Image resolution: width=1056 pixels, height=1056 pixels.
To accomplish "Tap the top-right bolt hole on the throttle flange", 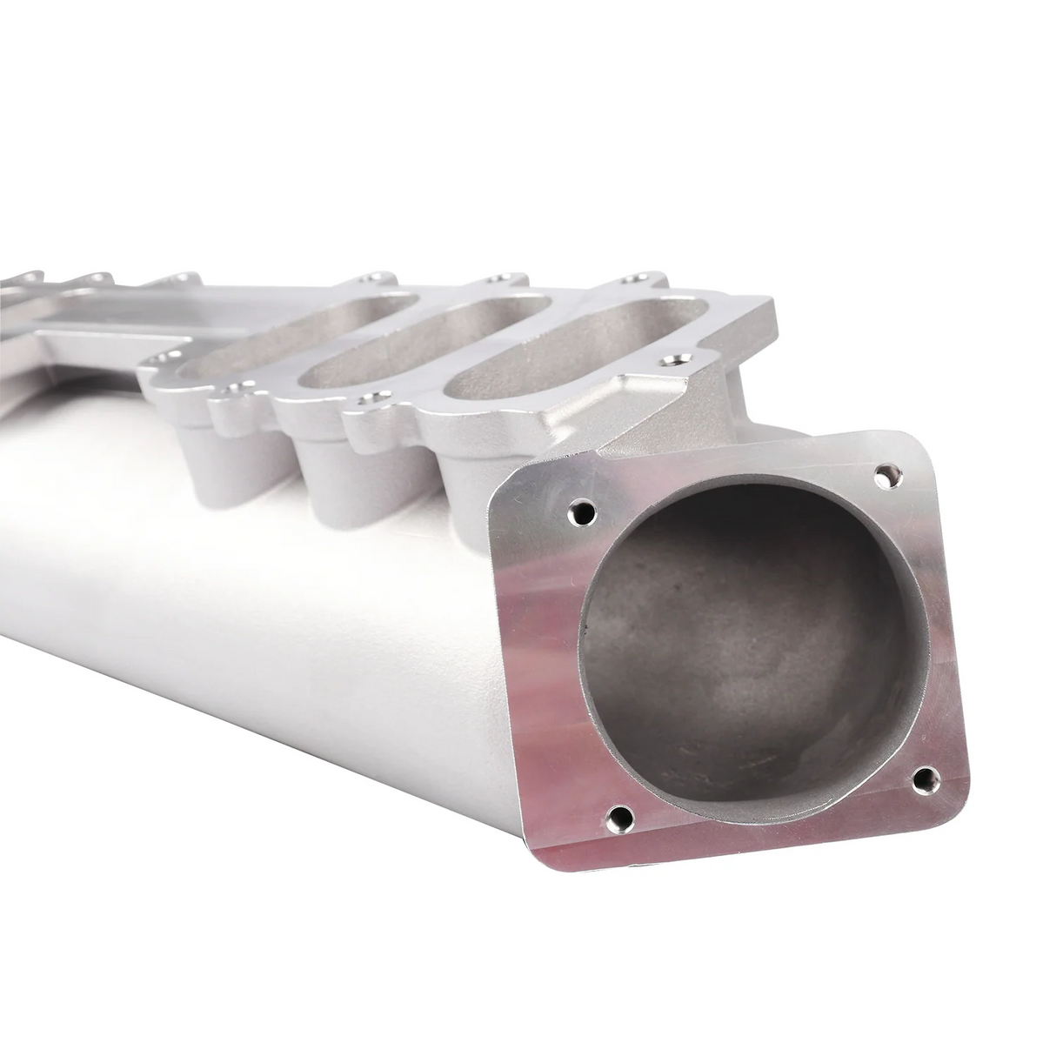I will [x=886, y=475].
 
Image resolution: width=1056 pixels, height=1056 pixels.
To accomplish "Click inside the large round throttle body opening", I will [x=748, y=644].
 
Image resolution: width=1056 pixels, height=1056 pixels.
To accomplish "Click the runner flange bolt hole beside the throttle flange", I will [x=671, y=359].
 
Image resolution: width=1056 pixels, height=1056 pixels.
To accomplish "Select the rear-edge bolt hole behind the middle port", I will [x=498, y=279].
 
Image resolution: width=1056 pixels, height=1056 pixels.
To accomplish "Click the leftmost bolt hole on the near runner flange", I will [x=157, y=358].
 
